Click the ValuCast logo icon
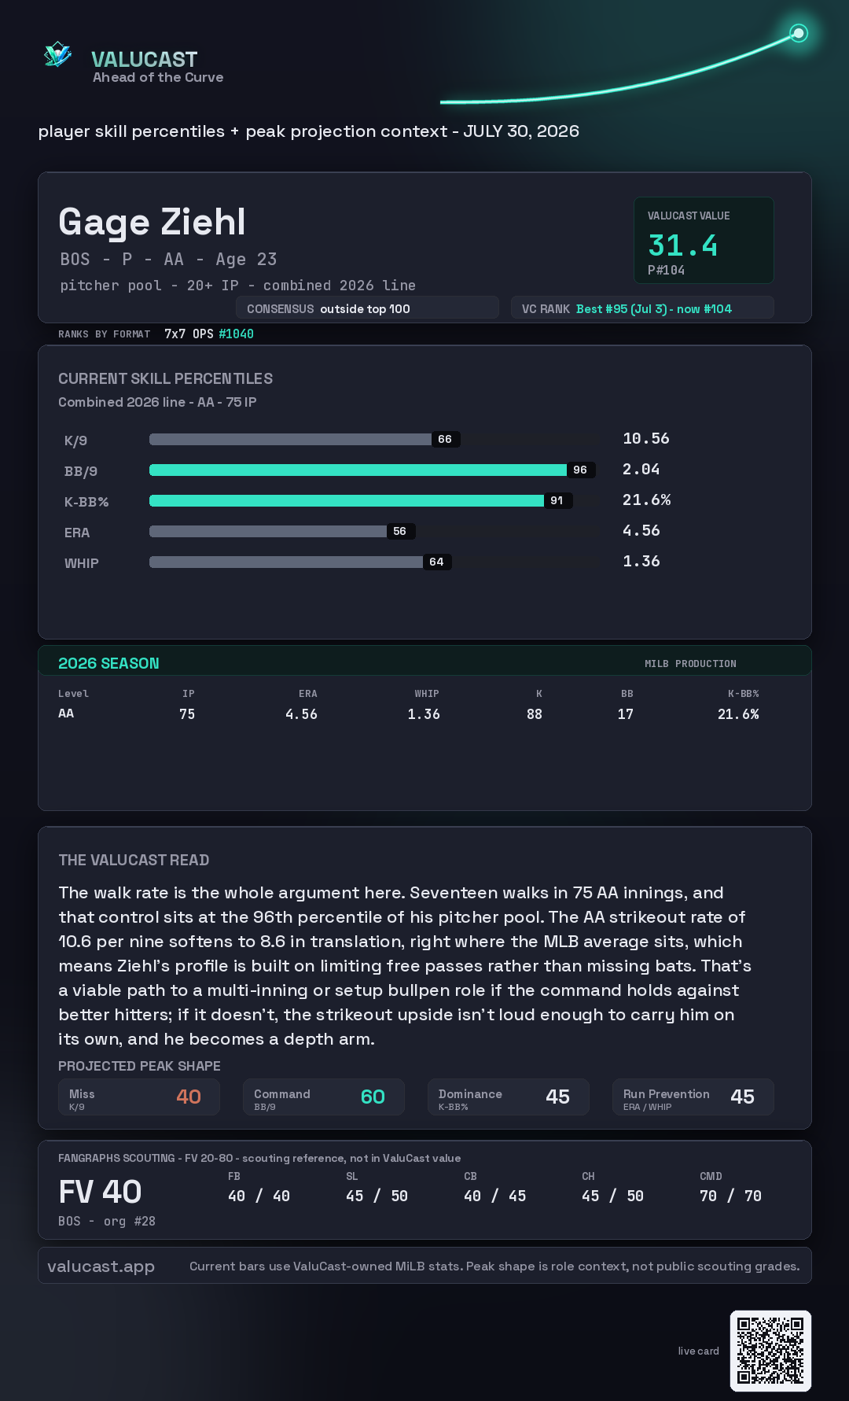pos(57,54)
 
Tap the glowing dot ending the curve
pos(799,33)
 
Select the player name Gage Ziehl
pos(152,222)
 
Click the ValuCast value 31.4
pos(682,245)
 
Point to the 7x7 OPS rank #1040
pos(236,334)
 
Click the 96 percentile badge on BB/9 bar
pos(580,470)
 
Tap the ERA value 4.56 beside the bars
pos(641,530)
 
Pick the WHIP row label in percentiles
pos(82,563)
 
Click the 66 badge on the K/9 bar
pos(445,439)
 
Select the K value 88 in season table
pos(535,714)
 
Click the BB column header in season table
pos(627,694)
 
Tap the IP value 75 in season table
pos(187,714)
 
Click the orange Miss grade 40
pos(189,1097)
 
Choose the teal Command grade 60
pos(373,1097)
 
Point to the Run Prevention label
pos(667,1094)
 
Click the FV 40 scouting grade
pos(100,1192)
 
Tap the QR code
pos(770,1351)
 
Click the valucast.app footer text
pos(101,1266)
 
